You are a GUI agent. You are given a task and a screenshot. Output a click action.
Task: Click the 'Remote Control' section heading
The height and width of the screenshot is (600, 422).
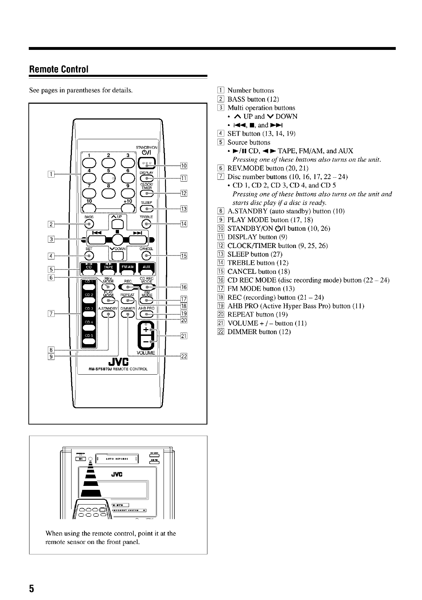click(x=58, y=69)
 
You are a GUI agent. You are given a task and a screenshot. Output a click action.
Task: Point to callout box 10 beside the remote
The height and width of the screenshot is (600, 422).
click(x=184, y=165)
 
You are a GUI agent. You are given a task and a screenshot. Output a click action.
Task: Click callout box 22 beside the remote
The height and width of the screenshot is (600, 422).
click(x=184, y=356)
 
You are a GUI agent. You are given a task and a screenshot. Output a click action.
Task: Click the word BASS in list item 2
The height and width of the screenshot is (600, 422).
click(x=237, y=99)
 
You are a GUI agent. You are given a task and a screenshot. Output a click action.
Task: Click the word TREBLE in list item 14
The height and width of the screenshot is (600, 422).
click(x=240, y=263)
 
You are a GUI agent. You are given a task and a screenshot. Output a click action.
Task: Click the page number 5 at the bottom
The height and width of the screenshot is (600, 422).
click(x=32, y=588)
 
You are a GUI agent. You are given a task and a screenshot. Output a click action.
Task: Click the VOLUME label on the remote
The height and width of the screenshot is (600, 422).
click(x=146, y=353)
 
